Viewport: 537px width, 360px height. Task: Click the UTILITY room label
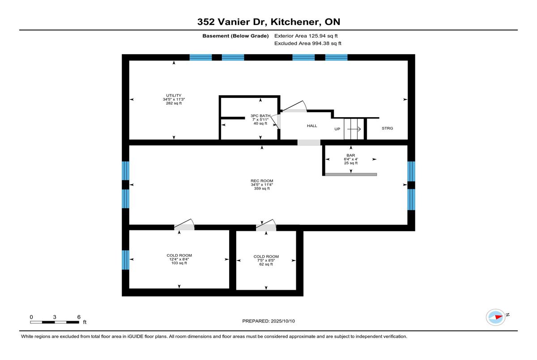click(174, 95)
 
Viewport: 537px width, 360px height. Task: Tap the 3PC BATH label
click(260, 116)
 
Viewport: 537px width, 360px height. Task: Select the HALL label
click(312, 126)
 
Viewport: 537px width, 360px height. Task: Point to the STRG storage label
click(387, 128)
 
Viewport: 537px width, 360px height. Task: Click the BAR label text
click(351, 155)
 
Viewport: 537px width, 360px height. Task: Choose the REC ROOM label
click(262, 181)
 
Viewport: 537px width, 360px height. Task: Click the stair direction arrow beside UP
click(354, 129)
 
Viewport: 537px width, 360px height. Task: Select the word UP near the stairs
click(337, 129)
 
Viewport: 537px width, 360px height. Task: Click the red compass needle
click(499, 317)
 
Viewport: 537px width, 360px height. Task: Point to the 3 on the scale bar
click(55, 317)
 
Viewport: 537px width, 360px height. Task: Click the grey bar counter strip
click(351, 174)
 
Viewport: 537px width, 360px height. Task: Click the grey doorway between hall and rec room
click(309, 143)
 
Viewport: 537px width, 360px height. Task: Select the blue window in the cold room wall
click(125, 260)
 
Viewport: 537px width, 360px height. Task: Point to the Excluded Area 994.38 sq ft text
click(307, 43)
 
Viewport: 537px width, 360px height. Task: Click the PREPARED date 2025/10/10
click(283, 321)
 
